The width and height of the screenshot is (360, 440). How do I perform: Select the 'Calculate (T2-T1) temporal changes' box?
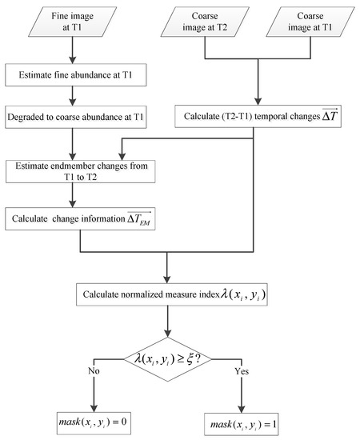254,118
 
